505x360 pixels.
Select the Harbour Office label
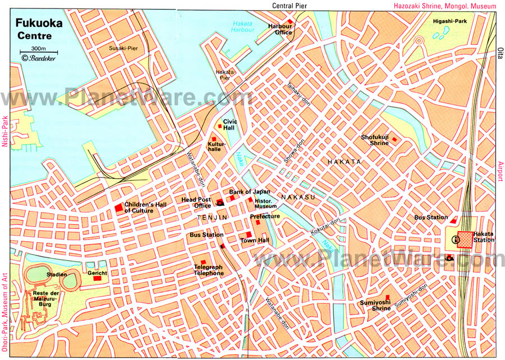280,29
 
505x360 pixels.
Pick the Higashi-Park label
450,21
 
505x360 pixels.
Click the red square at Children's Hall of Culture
118,208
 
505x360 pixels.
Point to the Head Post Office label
196,202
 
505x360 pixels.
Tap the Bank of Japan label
245,192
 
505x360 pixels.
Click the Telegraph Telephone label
209,270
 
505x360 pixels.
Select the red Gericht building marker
97,278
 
